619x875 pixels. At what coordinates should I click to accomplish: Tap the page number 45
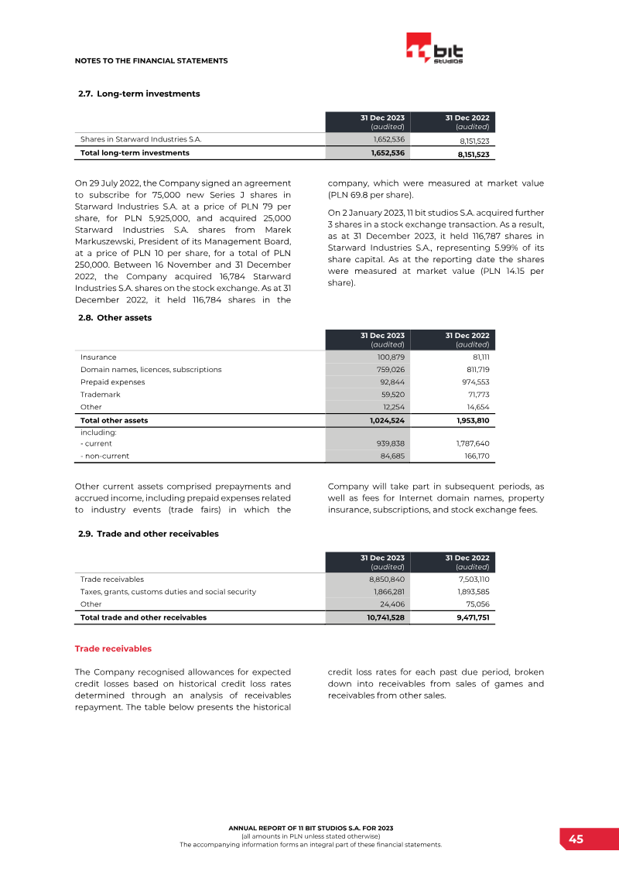(576, 839)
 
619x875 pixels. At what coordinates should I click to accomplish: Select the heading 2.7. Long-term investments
(139, 94)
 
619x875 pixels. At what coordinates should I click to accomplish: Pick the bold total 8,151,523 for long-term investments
(472, 154)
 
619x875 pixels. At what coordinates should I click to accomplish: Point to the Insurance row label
(98, 357)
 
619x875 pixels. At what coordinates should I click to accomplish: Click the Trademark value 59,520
(393, 395)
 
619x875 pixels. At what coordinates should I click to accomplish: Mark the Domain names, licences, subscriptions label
(151, 370)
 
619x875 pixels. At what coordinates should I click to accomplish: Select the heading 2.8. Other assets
(115, 317)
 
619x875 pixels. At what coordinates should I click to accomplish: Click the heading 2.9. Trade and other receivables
(149, 534)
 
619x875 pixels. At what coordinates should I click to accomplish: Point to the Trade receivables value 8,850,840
(386, 579)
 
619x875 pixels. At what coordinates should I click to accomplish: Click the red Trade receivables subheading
(113, 648)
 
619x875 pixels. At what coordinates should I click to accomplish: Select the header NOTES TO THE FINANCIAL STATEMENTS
(151, 60)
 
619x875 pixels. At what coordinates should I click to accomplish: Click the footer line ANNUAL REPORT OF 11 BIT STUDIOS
(310, 829)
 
